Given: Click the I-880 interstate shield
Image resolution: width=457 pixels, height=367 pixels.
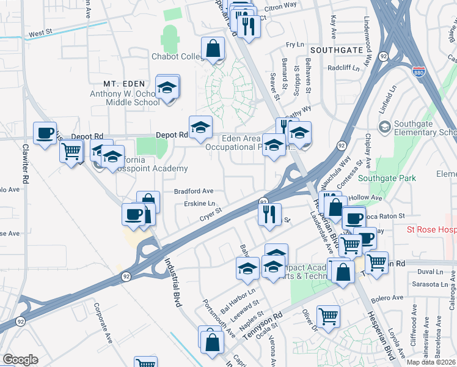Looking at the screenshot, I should point(419,72).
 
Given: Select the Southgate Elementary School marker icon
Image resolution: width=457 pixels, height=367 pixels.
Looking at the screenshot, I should point(384,126).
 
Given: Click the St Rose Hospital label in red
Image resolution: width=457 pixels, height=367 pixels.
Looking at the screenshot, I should point(431,231).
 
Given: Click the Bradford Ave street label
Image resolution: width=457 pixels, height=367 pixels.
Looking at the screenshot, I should point(194,191).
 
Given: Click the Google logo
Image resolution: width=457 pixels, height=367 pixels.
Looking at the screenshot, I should point(20,360).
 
